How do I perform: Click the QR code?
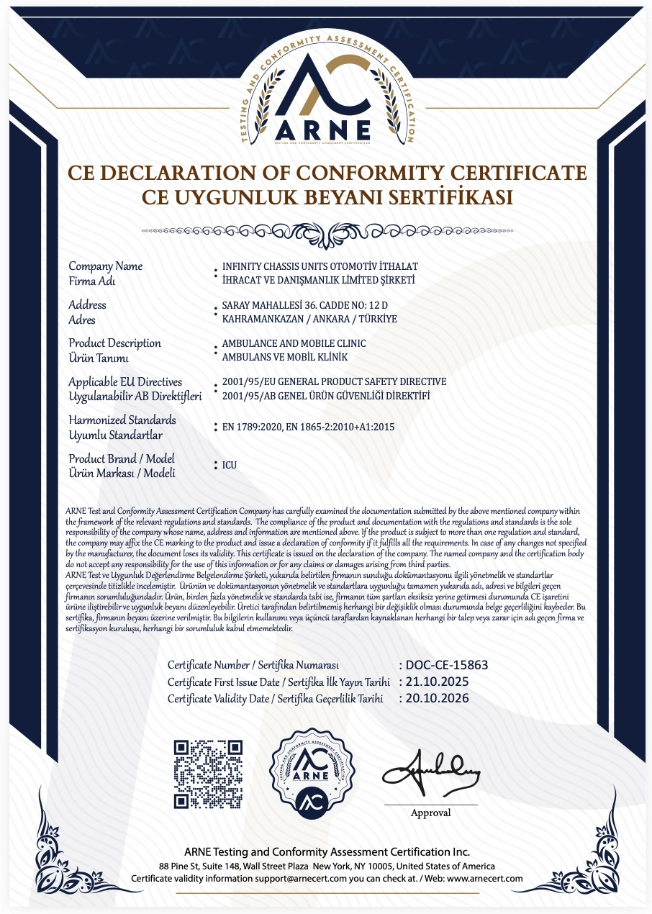click(209, 774)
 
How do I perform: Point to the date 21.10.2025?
click(438, 682)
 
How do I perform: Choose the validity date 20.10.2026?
click(438, 698)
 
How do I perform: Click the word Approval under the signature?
click(430, 813)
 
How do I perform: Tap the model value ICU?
click(230, 466)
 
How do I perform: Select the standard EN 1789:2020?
click(252, 427)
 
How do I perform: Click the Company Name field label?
click(105, 266)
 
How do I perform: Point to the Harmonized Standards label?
click(122, 420)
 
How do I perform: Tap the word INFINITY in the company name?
click(243, 266)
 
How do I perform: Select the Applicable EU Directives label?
click(125, 381)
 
